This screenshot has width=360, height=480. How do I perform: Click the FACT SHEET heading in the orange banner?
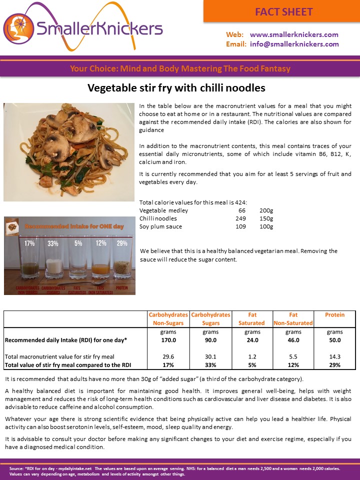[x=283, y=11]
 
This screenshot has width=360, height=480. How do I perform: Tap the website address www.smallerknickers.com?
[x=294, y=34]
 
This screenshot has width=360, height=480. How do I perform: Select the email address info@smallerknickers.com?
[x=294, y=44]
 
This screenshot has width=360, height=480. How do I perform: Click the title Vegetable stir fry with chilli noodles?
[x=176, y=88]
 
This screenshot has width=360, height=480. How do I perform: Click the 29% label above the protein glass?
[x=122, y=243]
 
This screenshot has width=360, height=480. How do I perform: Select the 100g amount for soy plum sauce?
[x=266, y=226]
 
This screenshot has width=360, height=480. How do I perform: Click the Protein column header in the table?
[x=334, y=315]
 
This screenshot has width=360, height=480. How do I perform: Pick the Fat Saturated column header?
[x=251, y=319]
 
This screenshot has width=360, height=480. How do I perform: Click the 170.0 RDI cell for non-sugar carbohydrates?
[x=168, y=340]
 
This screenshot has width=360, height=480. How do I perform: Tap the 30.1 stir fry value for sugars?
[x=210, y=356]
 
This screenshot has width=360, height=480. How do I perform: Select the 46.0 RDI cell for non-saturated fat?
[x=293, y=340]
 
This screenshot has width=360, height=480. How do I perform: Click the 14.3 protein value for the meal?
[x=334, y=356]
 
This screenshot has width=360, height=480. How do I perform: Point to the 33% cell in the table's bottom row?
[x=210, y=365]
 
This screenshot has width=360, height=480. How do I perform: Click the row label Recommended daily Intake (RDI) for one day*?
[x=66, y=340]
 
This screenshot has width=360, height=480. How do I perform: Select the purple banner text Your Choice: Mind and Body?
[x=179, y=68]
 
